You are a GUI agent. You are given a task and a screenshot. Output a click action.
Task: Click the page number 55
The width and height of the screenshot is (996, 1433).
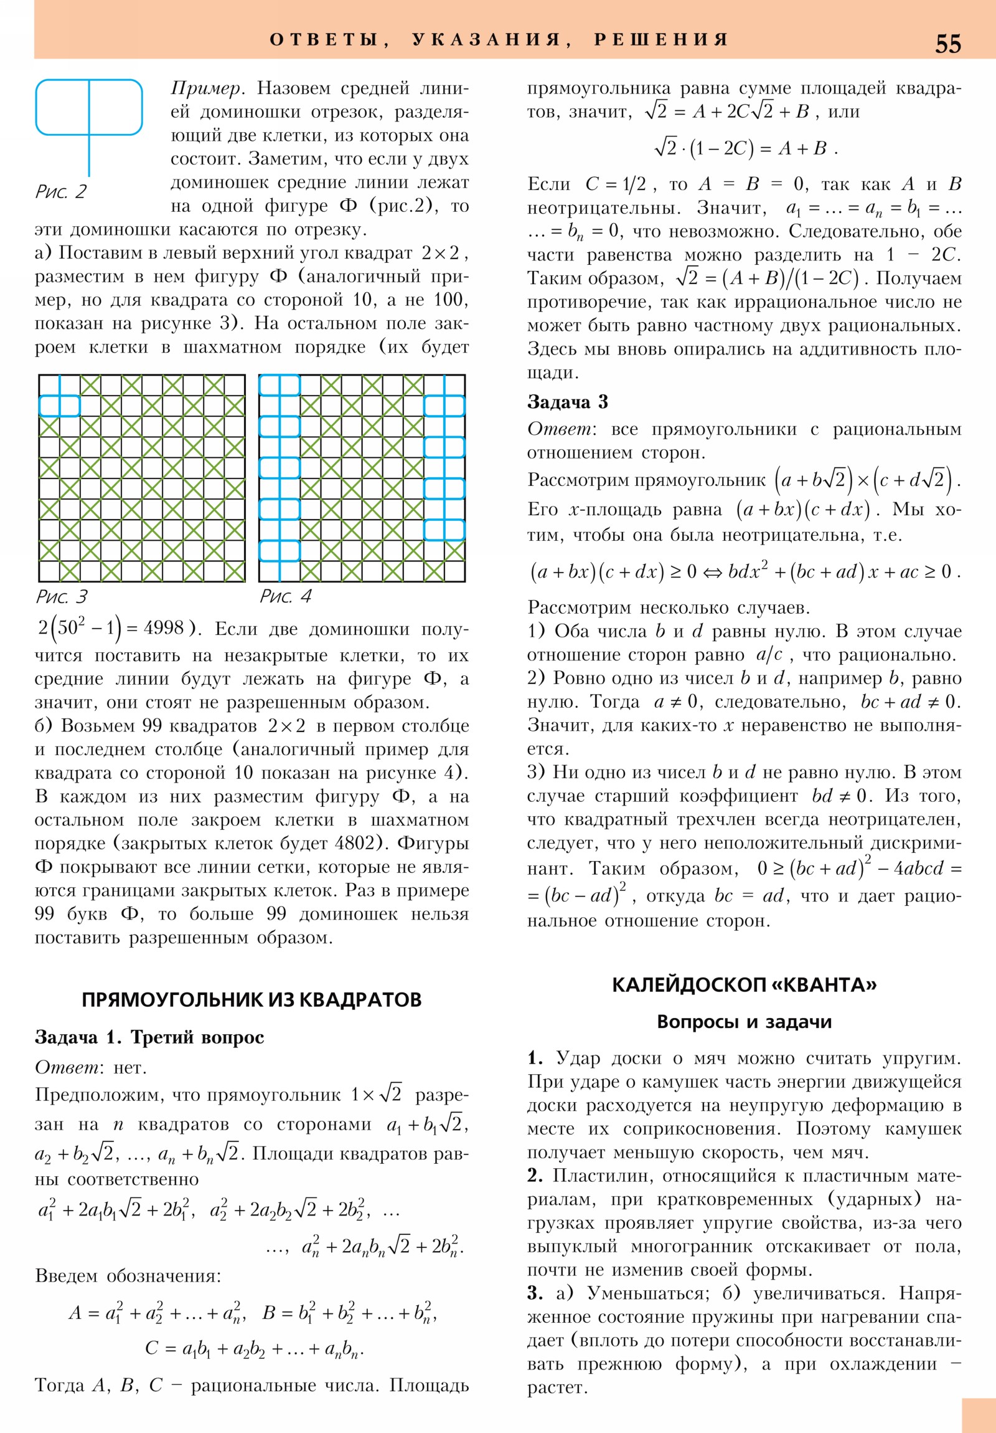[x=947, y=44]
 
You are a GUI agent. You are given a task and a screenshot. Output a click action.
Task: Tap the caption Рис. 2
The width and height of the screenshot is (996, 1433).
[x=61, y=192]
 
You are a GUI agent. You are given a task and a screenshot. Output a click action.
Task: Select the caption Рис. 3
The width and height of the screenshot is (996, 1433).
[x=61, y=597]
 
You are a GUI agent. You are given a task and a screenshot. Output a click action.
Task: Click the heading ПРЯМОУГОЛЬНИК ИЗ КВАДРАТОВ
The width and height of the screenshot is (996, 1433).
[x=251, y=999]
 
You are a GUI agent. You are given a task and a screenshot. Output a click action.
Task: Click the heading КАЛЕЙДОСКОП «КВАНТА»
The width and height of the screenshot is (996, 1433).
[x=744, y=984]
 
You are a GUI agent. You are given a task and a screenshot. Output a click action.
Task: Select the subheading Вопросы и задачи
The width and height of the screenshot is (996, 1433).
[x=744, y=1022]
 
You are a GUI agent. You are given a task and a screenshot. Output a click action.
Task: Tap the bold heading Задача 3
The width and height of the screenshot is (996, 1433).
[x=568, y=402]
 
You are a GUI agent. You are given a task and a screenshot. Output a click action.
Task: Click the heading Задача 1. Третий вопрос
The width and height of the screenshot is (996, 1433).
[x=149, y=1037]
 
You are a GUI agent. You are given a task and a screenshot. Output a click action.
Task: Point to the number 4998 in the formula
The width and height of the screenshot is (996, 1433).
[x=163, y=628]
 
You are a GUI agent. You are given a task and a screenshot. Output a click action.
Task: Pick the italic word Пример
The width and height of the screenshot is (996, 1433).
[x=205, y=88]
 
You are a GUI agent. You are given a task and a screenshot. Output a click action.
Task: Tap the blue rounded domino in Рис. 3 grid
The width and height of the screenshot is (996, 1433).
[x=59, y=406]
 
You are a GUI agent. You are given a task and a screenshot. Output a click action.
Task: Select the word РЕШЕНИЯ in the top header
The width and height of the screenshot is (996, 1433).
[x=661, y=40]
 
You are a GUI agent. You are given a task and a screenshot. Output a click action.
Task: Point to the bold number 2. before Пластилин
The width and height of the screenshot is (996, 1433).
[x=535, y=1175]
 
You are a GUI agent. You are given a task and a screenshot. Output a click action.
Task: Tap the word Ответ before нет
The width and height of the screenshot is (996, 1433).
[x=66, y=1067]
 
